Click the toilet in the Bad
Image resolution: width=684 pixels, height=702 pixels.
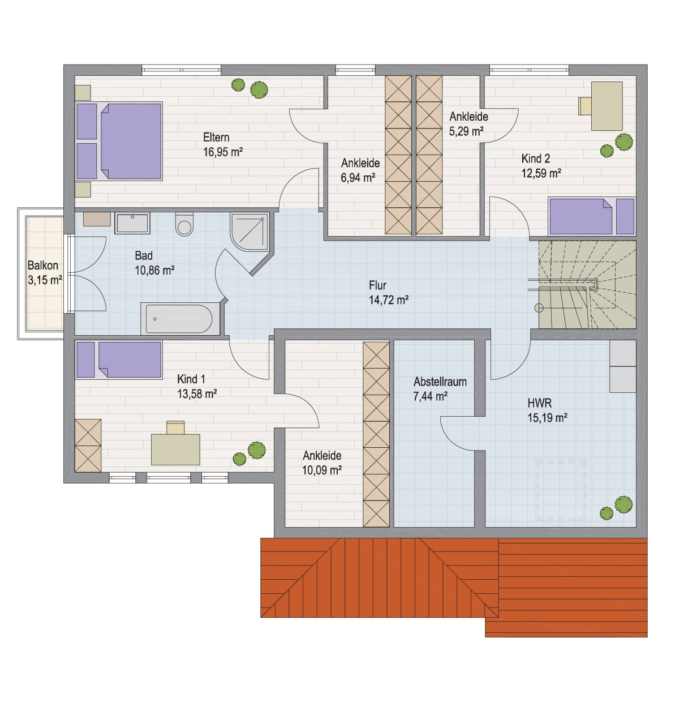184,224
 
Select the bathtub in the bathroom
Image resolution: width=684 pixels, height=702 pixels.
179,319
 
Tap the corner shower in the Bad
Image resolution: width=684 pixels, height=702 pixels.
250,233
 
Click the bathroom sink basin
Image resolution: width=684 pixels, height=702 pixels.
132,222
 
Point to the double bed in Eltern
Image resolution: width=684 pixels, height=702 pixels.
119,141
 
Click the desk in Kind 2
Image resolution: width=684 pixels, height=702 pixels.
607,106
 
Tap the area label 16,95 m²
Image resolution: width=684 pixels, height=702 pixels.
223,152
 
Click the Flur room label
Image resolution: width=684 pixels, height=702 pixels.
377,285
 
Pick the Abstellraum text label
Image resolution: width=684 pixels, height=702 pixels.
440,382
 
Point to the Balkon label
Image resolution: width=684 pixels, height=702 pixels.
42,266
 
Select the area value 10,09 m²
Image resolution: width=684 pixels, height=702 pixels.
322,470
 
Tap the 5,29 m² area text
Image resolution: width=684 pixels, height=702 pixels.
466,131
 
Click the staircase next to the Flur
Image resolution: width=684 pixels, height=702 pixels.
587,285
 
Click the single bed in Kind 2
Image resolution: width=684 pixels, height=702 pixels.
591,216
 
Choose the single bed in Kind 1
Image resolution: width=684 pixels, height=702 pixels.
119,360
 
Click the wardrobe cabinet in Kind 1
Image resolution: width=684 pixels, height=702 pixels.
88,446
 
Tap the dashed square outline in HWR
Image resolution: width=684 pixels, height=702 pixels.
560,489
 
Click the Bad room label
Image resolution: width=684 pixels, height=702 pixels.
144,256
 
